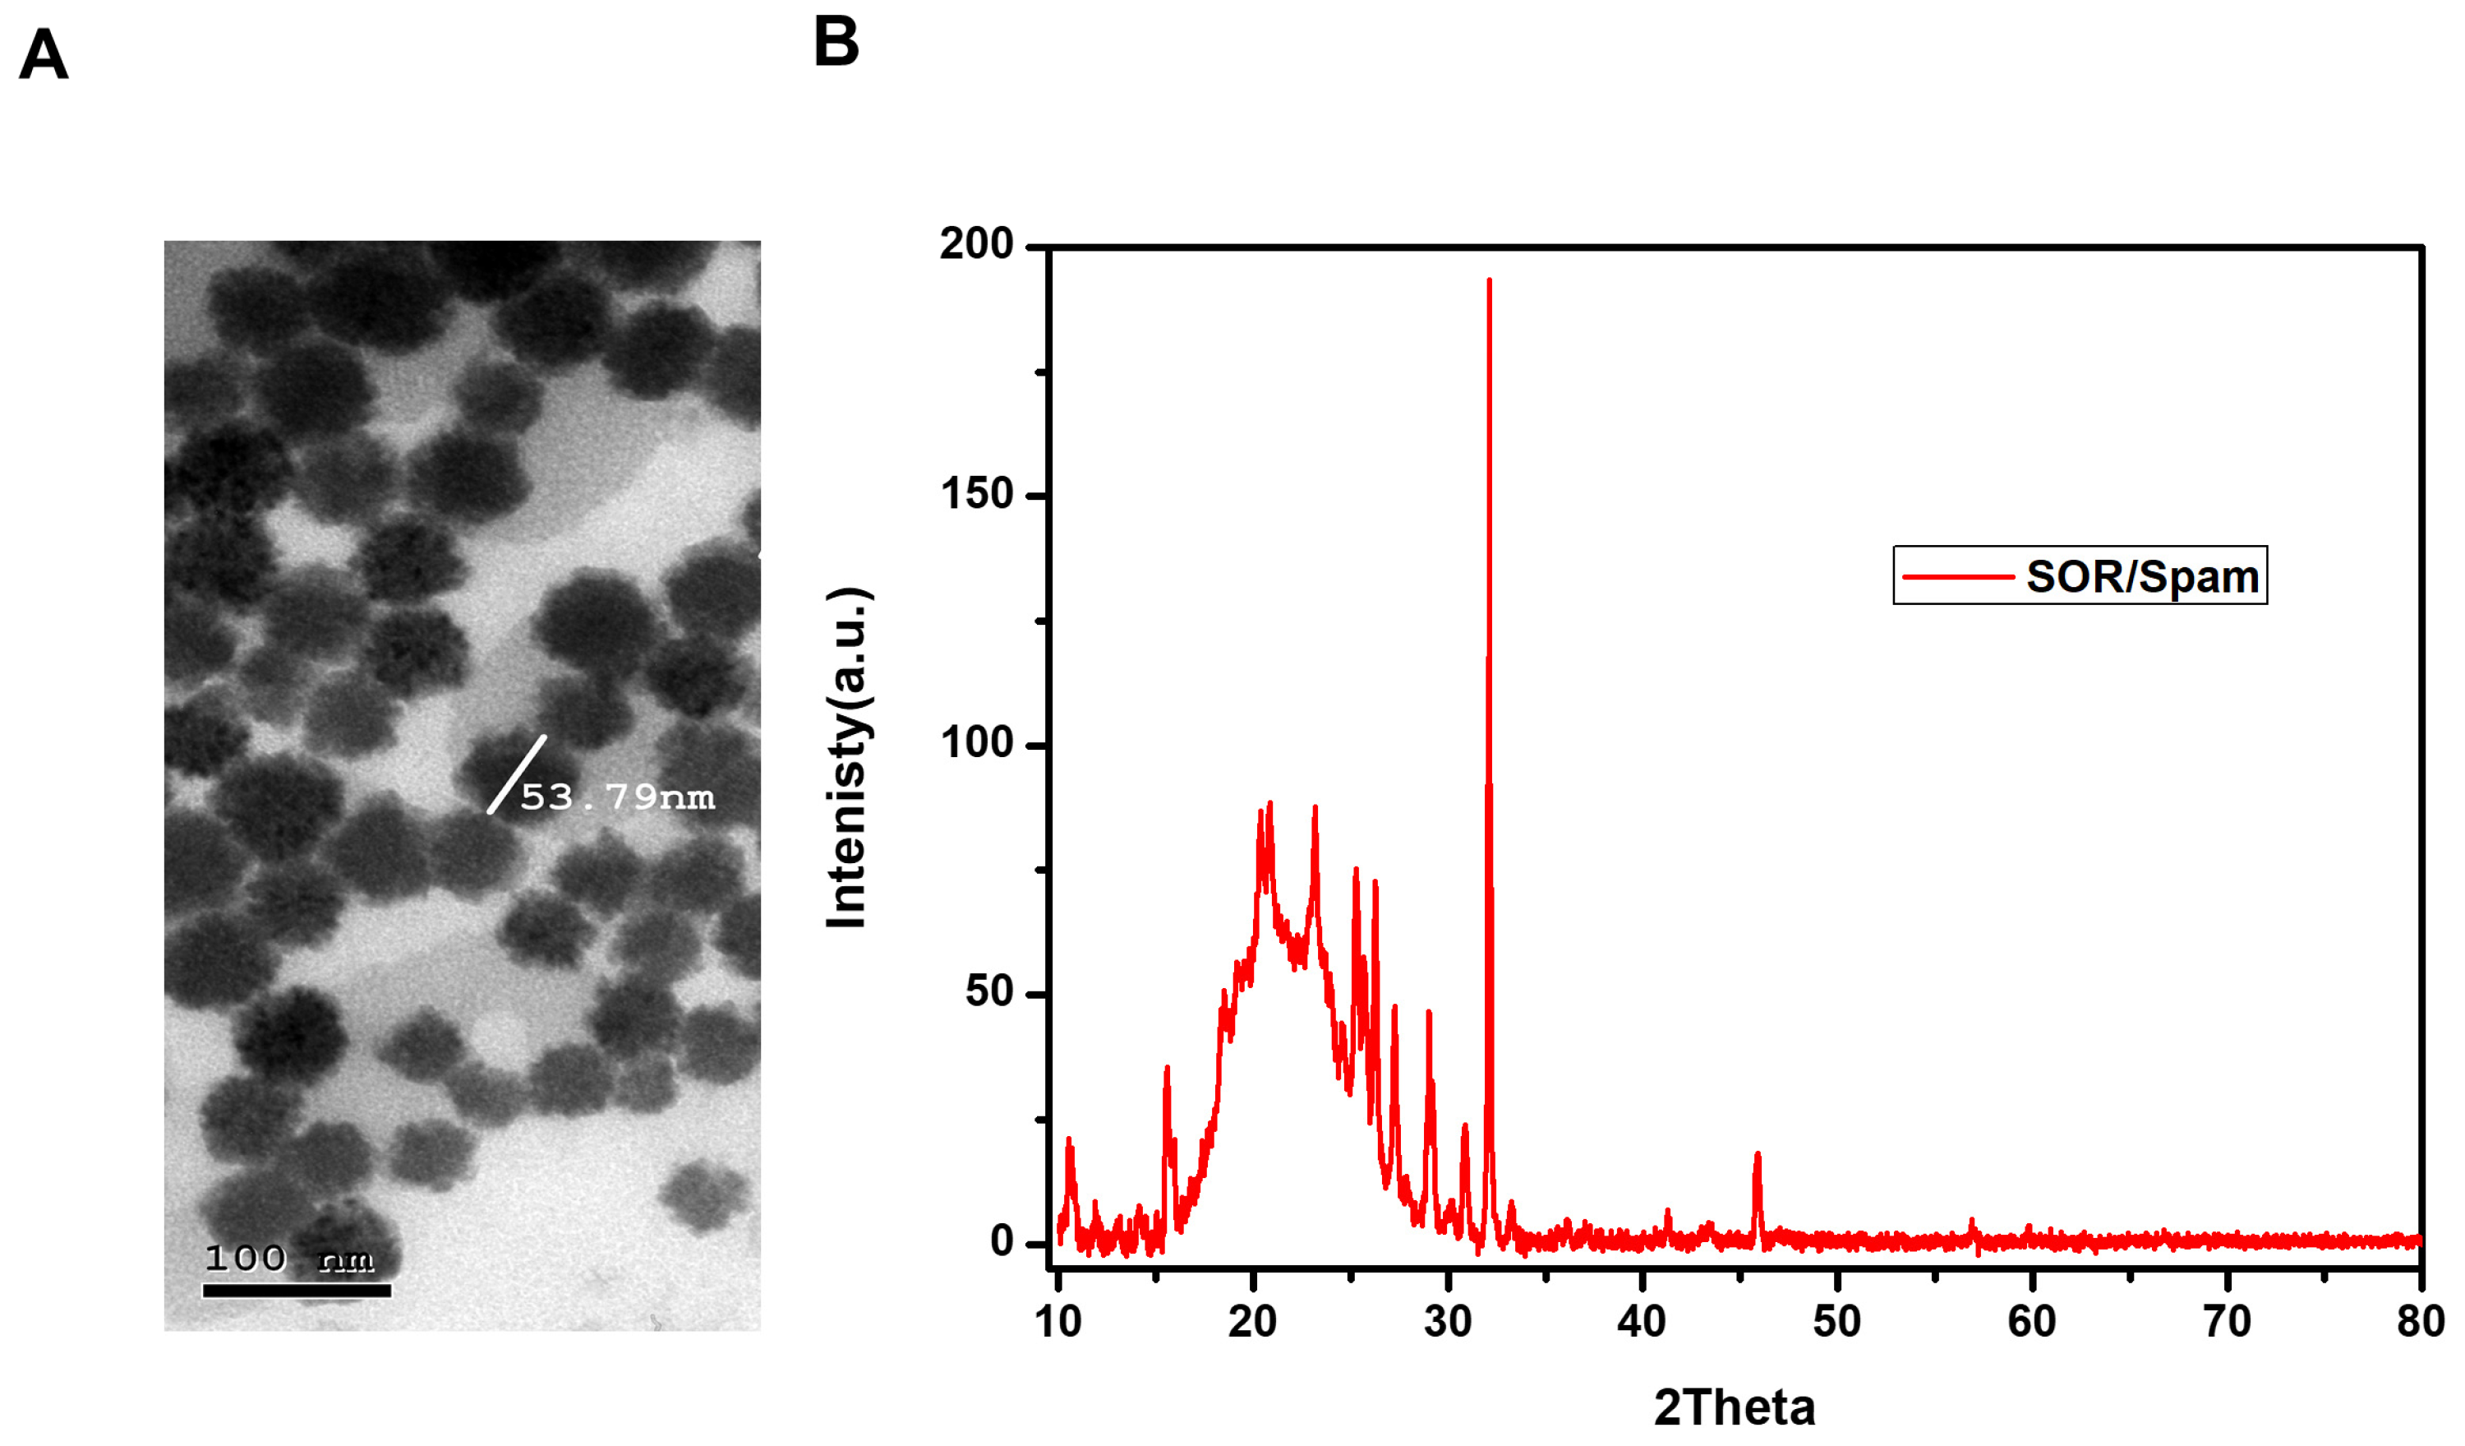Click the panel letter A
click(44, 55)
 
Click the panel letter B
click(836, 42)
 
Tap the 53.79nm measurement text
click(617, 797)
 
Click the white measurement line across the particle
click(517, 774)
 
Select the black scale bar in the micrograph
click(297, 1291)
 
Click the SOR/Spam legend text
click(2142, 576)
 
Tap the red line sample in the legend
click(1957, 576)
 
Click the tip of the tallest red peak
click(1489, 281)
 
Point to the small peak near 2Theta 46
click(1757, 1157)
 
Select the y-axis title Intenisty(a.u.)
click(847, 757)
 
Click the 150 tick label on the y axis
click(976, 493)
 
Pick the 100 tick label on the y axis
click(976, 742)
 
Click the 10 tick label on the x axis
click(1058, 1322)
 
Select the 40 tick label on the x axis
click(1642, 1322)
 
